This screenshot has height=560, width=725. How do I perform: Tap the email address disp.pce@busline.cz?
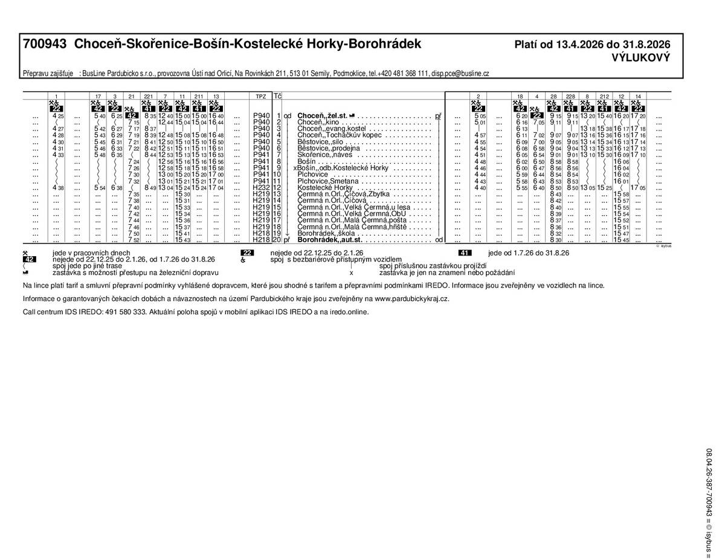click(x=460, y=73)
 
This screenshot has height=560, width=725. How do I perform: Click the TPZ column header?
click(x=260, y=96)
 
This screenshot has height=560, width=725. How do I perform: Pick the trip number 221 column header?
click(x=148, y=96)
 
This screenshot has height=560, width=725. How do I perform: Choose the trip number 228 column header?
click(x=570, y=96)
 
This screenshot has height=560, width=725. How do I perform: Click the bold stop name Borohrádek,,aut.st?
click(x=330, y=240)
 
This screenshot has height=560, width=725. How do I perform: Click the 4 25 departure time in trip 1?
click(x=58, y=115)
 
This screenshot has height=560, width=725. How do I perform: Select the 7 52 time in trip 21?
click(x=134, y=240)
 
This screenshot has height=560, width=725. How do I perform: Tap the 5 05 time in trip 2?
click(x=480, y=115)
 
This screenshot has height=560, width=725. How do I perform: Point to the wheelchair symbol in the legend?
click(x=243, y=260)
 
